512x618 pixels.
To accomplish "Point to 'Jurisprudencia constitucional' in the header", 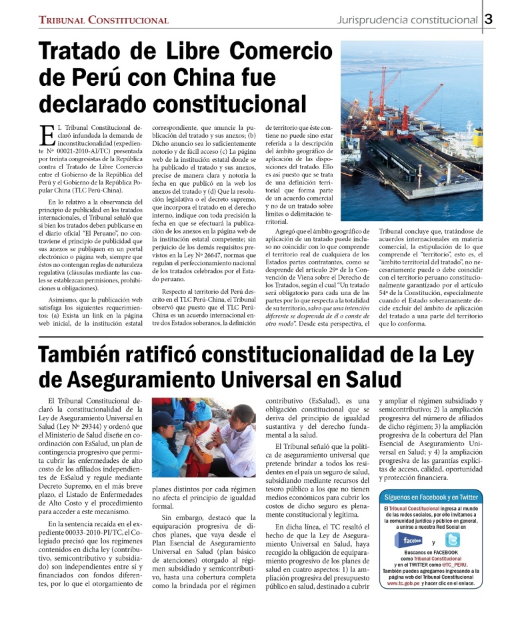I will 406,19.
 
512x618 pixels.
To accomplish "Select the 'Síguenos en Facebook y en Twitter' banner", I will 431,497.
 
